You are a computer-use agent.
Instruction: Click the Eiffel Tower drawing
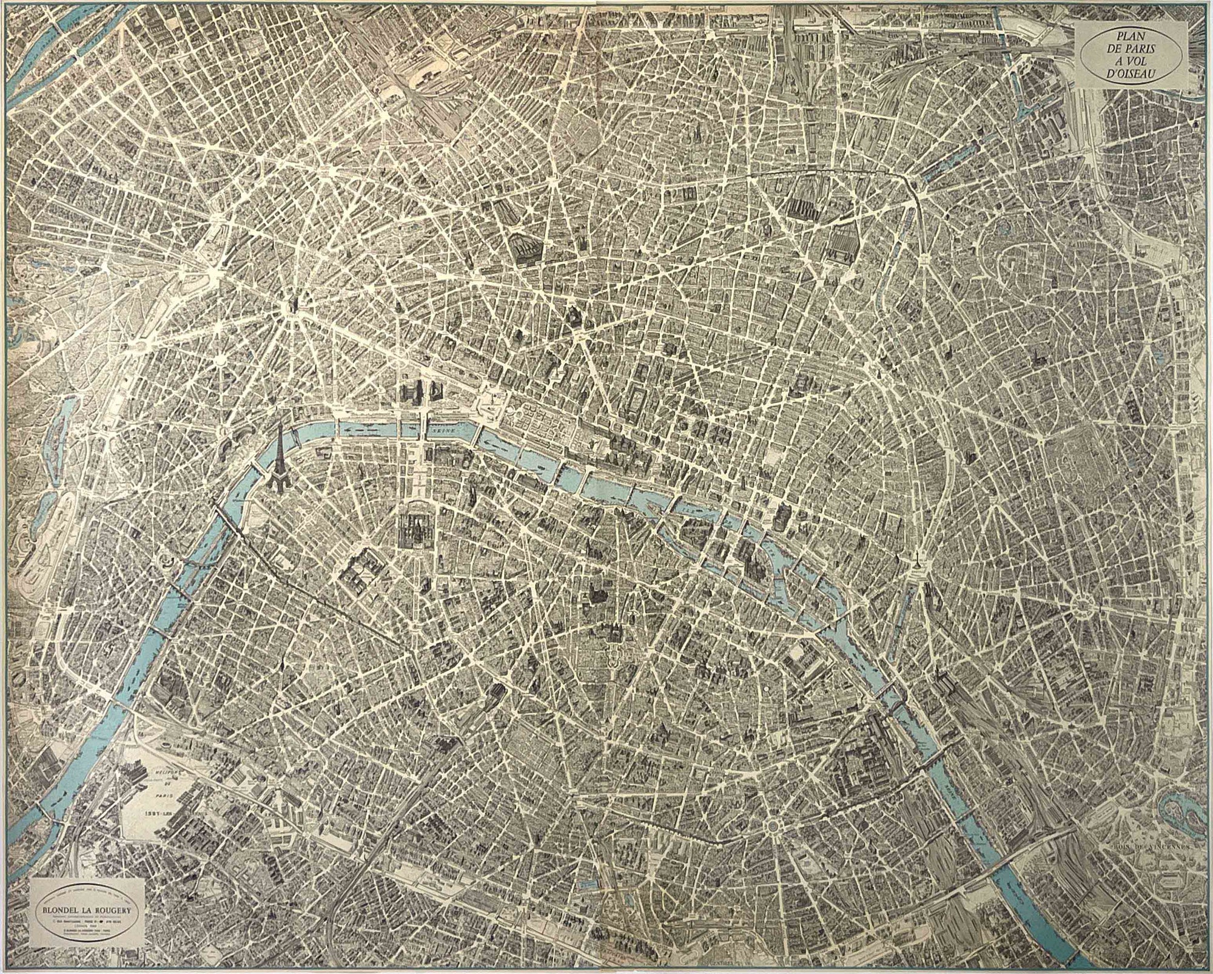click(x=278, y=452)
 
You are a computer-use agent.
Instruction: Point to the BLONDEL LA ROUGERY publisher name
click(x=87, y=908)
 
